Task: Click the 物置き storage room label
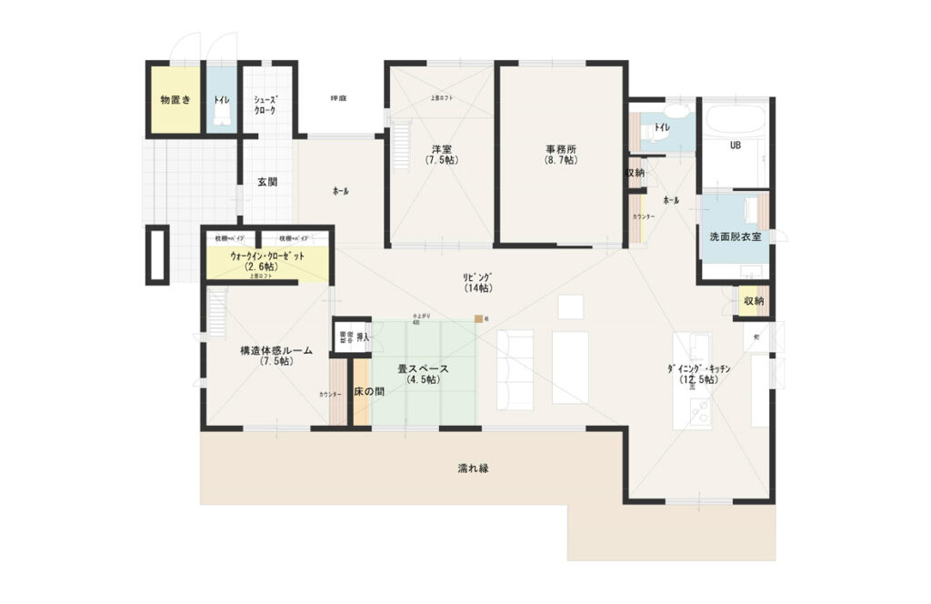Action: [x=175, y=99]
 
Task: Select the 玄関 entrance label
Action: [x=266, y=182]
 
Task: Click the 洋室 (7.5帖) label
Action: [x=442, y=155]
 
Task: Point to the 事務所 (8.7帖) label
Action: [x=561, y=155]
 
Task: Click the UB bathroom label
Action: [x=736, y=145]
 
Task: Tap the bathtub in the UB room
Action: [x=736, y=119]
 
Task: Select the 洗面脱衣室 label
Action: [x=735, y=237]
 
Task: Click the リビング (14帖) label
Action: [x=477, y=282]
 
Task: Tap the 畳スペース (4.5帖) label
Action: [x=423, y=375]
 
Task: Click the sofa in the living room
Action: [x=516, y=368]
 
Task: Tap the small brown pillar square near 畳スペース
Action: [x=476, y=319]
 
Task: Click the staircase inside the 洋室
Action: [x=400, y=146]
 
